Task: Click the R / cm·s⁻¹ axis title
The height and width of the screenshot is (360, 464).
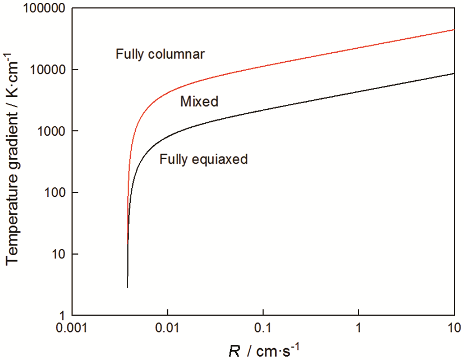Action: click(262, 350)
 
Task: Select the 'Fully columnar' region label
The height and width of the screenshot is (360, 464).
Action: click(160, 54)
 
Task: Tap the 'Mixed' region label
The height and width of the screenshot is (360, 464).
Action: click(199, 101)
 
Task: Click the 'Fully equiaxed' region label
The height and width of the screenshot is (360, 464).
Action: click(203, 159)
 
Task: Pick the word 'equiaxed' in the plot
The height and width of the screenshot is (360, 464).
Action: click(220, 159)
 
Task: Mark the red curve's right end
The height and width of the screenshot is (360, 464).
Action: click(453, 30)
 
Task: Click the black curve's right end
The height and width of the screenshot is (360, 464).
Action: click(453, 73)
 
